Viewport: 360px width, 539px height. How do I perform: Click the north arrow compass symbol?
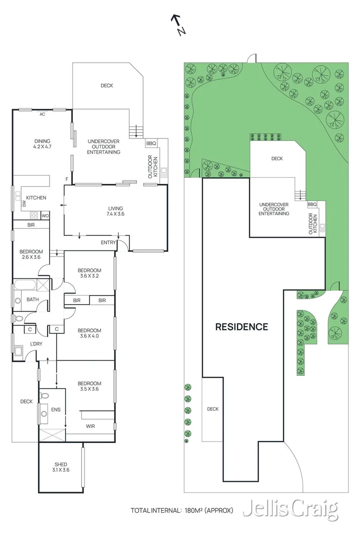[x=178, y=25]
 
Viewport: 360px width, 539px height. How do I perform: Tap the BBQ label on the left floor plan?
[x=151, y=143]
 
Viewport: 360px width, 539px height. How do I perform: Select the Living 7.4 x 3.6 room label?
[x=115, y=211]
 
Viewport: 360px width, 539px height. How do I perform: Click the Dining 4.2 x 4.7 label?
[x=42, y=143]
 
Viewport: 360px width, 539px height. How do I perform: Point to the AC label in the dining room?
[x=42, y=114]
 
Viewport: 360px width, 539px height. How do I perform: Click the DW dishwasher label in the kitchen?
[x=24, y=204]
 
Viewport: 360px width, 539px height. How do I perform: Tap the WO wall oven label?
[x=45, y=216]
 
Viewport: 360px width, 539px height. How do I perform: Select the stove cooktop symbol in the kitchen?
[x=34, y=215]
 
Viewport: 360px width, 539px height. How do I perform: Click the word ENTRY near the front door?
[x=108, y=242]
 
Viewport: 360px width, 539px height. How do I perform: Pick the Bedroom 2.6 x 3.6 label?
[x=31, y=255]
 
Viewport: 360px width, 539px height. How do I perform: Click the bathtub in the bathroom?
[x=25, y=285]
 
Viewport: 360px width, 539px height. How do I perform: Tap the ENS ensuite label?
[x=56, y=409]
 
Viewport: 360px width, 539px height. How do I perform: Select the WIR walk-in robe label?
[x=90, y=426]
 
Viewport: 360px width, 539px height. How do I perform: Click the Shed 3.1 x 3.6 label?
[x=61, y=467]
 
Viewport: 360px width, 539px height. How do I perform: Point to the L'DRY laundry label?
[x=36, y=344]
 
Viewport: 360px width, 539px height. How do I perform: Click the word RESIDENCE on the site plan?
[x=242, y=326]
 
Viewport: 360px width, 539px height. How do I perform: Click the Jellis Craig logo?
[x=290, y=509]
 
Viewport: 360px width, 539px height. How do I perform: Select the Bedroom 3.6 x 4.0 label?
[x=89, y=333]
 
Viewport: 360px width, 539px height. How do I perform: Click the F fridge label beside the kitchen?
[x=67, y=179]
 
